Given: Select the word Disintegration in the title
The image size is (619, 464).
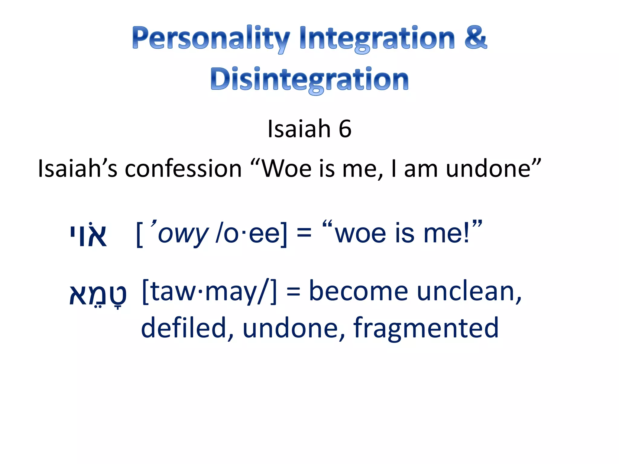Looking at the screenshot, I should tap(309, 79).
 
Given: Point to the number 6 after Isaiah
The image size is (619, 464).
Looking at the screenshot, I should tap(345, 129).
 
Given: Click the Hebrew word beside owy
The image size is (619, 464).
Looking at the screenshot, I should tap(88, 234).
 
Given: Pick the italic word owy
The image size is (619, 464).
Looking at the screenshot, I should tap(183, 234).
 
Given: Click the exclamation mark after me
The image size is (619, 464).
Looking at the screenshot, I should tap(466, 234).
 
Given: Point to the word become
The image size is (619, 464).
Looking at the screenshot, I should tap(358, 292).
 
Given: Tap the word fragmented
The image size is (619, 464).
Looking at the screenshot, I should tap(426, 328).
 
